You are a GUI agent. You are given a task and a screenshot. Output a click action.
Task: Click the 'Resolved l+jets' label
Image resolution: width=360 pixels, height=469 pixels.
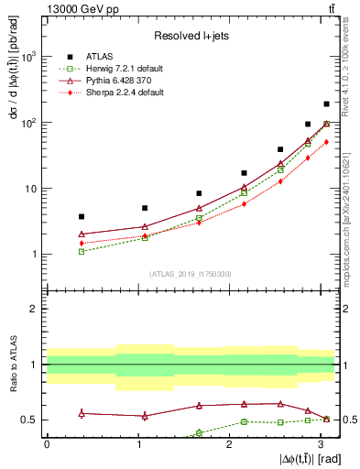(189, 36)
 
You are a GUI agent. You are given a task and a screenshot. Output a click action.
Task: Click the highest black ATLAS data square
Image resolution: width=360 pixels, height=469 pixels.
(326, 104)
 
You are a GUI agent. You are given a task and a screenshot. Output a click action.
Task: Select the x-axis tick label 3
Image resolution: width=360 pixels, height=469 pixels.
(321, 444)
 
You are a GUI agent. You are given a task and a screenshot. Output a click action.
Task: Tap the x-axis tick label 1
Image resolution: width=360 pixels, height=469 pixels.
(137, 444)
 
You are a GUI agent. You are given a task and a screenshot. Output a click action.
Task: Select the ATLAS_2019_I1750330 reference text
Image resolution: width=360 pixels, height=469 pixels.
(189, 274)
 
